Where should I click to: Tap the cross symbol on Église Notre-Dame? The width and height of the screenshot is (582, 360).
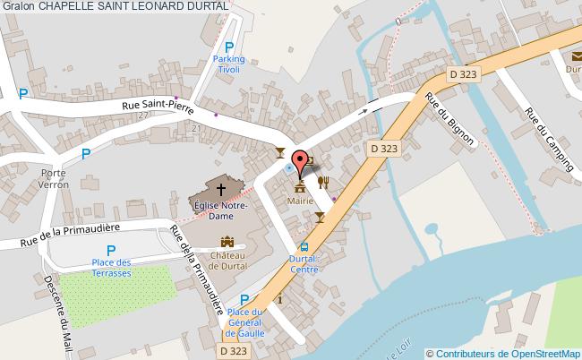(x=219, y=190)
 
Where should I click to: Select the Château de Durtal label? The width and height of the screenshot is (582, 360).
(x=227, y=260)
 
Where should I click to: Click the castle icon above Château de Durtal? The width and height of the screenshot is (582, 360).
(x=227, y=242)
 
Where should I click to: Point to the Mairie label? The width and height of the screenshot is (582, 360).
(x=300, y=201)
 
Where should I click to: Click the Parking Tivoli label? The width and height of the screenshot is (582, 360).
(x=228, y=64)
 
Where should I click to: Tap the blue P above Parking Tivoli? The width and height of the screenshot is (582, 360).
(x=229, y=47)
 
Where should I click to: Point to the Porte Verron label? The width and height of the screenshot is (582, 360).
(x=54, y=178)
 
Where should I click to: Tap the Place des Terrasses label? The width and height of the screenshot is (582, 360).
(x=111, y=266)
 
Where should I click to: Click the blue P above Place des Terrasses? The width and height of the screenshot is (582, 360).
(x=111, y=251)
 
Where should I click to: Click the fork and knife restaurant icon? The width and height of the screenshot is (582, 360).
(x=324, y=182)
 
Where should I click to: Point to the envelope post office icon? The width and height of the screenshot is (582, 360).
(x=577, y=56)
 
